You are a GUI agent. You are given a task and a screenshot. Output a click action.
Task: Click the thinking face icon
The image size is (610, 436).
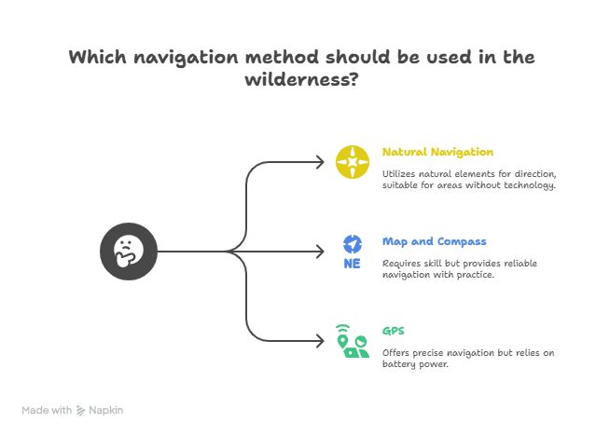[x=129, y=251]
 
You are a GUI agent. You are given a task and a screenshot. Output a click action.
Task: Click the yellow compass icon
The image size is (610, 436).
[x=353, y=162]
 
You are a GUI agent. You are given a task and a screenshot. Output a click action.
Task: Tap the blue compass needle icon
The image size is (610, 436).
[x=353, y=244]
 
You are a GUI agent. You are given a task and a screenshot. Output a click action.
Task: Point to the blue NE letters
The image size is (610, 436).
[x=352, y=264]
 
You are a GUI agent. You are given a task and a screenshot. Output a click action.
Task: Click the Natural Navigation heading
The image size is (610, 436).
[x=437, y=152]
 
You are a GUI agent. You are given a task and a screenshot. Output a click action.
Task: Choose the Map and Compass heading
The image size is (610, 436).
[x=434, y=241]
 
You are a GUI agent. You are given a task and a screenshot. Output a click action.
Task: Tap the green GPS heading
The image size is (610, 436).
[x=393, y=331]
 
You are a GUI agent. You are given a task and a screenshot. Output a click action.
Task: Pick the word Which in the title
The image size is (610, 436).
[x=99, y=58]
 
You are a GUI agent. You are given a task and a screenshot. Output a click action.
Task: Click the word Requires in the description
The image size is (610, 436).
[x=402, y=264]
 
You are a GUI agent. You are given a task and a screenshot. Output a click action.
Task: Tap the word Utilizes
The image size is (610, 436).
[x=400, y=174]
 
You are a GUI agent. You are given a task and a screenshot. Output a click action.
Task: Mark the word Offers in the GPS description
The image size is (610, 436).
[x=397, y=353]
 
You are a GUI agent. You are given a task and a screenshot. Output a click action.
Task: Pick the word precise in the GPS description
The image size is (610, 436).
[x=434, y=353]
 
